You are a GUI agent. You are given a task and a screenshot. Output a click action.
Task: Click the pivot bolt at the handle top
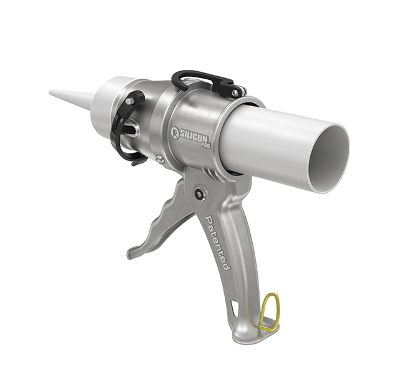click(x=199, y=193)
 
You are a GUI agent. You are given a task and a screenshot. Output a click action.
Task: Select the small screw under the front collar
click(x=160, y=161)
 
